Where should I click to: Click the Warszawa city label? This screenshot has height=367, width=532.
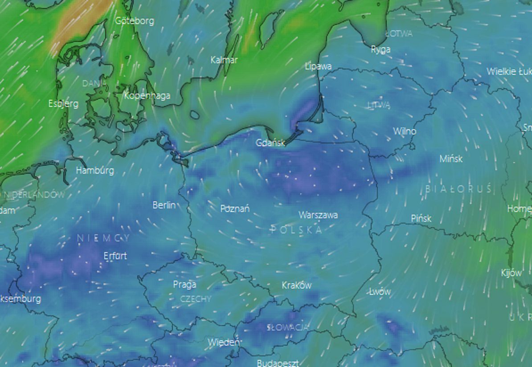pos(318,215)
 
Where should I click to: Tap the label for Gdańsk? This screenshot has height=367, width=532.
pos(270,143)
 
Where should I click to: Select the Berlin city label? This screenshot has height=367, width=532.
pos(164,205)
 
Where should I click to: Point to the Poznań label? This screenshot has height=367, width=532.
pos(235,208)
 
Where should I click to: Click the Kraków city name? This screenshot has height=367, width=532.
pos(297,285)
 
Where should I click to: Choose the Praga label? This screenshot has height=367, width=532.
pos(184,284)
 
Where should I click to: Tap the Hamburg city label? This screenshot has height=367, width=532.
pos(95,170)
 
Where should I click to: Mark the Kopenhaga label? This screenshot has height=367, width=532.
pos(147,96)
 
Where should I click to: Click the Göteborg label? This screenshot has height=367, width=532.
pos(135,21)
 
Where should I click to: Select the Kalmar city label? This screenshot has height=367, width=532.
pos(224,60)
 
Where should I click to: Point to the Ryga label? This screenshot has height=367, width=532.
pos(381,49)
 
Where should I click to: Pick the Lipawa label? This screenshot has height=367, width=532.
pos(319,66)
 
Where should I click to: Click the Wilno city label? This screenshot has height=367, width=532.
pos(405,131)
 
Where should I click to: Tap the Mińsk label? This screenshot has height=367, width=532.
pos(451,159)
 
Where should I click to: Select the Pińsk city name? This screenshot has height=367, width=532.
pos(421,218)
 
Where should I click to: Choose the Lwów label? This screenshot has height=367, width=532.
pos(380,292)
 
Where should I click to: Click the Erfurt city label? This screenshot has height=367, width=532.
pos(115,256)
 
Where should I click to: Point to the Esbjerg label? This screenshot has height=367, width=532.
pos(63,104)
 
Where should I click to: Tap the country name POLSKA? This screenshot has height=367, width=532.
pos(296,230)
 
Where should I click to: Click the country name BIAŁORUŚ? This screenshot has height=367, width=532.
pos(459,189)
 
